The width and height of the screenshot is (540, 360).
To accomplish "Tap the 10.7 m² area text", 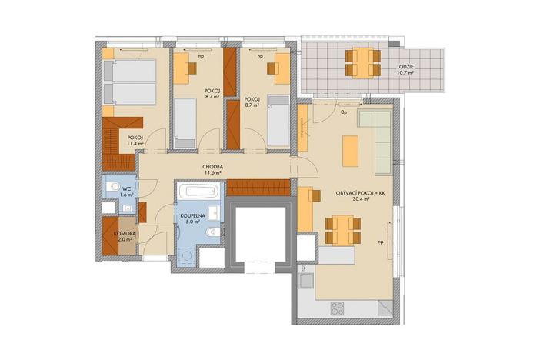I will (408, 75).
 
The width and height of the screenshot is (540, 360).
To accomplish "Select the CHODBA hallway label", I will (213, 166).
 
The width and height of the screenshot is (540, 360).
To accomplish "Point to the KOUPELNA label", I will (192, 216).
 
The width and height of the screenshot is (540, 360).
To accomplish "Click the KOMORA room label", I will (125, 232).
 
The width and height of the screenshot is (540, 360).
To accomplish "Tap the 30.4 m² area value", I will (359, 198).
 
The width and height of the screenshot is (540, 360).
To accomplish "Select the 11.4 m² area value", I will (136, 145).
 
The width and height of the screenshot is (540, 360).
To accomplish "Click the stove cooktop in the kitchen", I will (338, 308).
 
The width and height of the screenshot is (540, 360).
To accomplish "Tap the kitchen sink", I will (305, 279).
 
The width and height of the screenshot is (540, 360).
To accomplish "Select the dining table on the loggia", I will (361, 62).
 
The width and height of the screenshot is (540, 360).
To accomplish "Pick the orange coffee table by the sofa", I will (350, 150).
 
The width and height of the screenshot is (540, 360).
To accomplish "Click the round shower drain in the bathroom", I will (185, 257).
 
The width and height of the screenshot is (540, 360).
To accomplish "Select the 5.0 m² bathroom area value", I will (192, 223).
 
